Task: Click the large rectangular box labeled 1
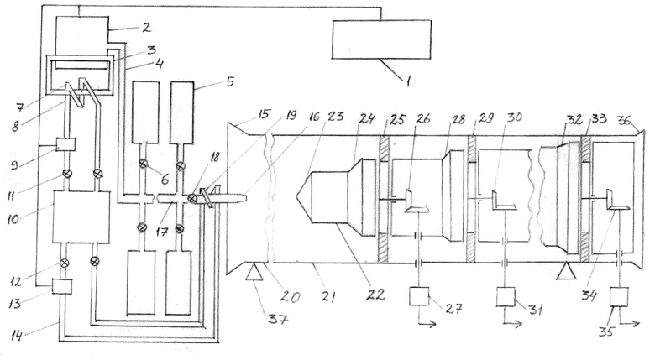coord(381,39)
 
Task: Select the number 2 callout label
coord(146,28)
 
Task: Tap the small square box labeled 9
coord(66,145)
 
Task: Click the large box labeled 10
coord(81,217)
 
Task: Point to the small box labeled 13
coord(62,287)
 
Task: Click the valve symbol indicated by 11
coord(66,173)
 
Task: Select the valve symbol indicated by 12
coord(64,263)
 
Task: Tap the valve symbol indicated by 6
coord(144,164)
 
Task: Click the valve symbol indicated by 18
coord(191,198)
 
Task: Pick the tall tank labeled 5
coord(182,113)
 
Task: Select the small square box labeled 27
coord(419,296)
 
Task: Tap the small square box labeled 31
coord(506,297)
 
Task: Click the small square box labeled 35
coord(619,297)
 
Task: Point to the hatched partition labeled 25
coord(384,199)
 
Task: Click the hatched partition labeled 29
coord(471,199)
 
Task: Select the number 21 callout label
coord(328,297)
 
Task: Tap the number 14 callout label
coord(16,335)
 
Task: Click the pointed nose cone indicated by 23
coord(304,196)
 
